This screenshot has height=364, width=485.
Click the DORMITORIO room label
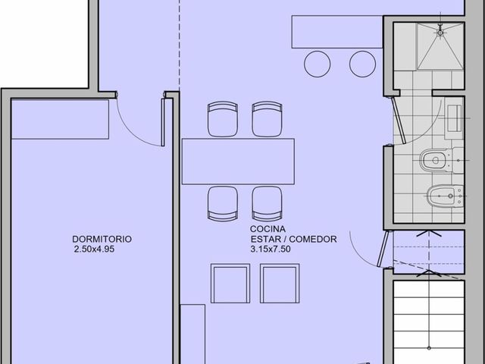(102, 239)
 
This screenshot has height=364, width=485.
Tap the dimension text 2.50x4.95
(94, 249)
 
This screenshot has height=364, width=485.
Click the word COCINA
(268, 229)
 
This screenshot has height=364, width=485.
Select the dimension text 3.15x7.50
(271, 249)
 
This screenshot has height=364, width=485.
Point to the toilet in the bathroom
(441, 160)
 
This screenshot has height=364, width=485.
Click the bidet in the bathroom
(445, 196)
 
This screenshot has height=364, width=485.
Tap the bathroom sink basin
(455, 118)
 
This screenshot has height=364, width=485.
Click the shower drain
(440, 33)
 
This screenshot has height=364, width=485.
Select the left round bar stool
(317, 64)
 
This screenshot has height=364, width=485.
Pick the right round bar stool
(362, 64)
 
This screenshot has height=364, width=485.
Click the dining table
(238, 162)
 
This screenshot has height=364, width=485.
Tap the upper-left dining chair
(223, 119)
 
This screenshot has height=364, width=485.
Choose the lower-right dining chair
(267, 204)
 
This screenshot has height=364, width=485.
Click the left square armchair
(230, 283)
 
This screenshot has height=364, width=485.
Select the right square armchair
(280, 283)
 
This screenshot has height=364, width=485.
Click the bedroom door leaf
(163, 122)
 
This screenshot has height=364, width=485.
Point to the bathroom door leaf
(398, 121)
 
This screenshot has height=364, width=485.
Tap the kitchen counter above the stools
(337, 32)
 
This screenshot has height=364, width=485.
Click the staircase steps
(429, 322)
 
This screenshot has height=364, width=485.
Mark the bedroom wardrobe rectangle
(60, 119)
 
